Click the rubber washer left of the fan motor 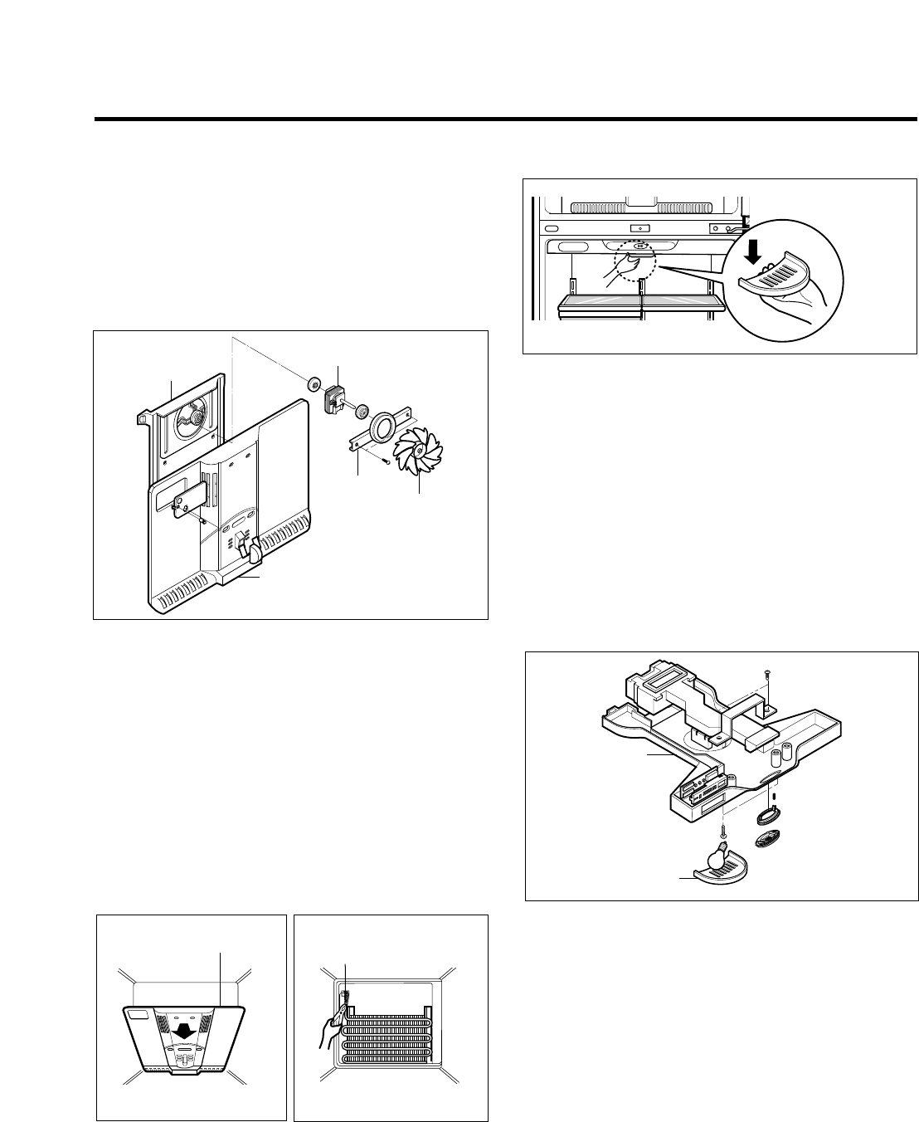314,384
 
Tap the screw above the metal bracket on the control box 766,676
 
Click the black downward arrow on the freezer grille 183,1029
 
